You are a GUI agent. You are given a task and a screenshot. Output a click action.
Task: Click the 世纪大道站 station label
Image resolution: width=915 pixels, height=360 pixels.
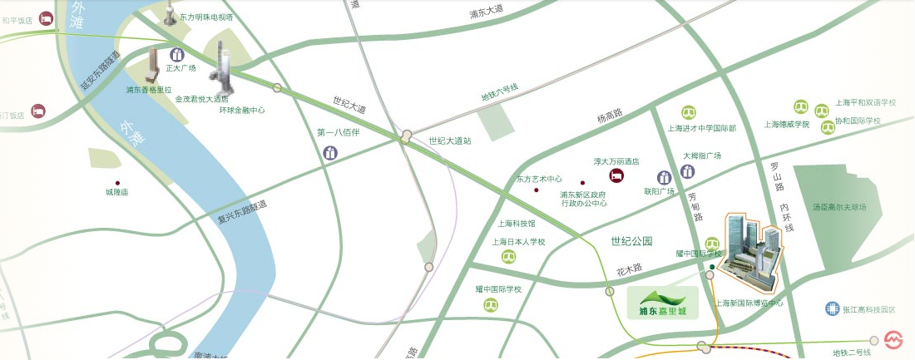pos(449,141)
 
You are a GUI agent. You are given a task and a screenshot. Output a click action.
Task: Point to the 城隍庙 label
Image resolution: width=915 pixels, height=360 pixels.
pos(116,192)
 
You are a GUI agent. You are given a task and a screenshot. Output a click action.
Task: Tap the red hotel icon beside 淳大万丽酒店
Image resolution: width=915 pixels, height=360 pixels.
pos(616,176)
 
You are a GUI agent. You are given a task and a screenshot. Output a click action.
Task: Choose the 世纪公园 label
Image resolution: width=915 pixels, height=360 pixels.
pos(631,241)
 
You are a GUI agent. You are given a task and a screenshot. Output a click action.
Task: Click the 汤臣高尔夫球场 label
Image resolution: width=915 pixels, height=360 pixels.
pos(839,207)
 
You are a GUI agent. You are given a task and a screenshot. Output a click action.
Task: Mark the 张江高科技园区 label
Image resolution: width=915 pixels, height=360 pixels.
pos(869,309)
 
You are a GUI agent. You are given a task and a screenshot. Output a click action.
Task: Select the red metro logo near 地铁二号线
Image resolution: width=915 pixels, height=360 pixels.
pos(894,341)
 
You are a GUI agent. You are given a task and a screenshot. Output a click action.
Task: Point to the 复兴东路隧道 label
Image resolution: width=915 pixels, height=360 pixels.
pos(242,213)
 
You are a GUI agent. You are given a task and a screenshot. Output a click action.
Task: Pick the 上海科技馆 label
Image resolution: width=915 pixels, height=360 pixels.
pos(517,224)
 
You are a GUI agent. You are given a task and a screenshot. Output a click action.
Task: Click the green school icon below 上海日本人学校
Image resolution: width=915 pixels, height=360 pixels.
pos(508,257)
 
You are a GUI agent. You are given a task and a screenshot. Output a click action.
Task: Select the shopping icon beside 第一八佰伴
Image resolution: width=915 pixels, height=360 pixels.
pos(331,153)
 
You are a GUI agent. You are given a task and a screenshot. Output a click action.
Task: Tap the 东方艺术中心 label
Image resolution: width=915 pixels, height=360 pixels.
pos(539,179)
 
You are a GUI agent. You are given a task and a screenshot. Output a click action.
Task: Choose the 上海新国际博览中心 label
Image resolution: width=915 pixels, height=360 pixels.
pos(749,303)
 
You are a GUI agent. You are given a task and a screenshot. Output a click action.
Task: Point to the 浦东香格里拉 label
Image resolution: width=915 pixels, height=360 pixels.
pos(149,89)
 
